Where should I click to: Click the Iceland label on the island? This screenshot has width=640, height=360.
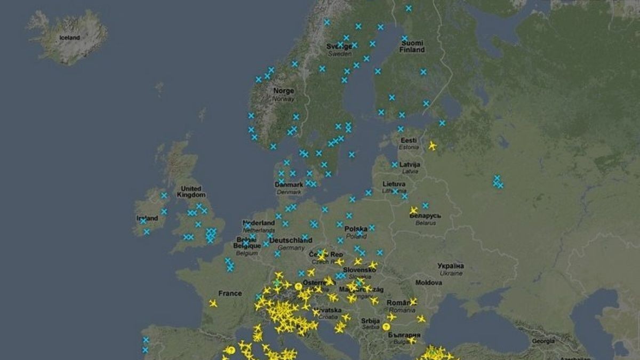tap(69, 38)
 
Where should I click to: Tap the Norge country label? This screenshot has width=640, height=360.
tap(284, 91)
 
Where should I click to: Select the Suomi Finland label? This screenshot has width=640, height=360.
tap(413, 46)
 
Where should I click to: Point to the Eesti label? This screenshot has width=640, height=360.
tap(409, 140)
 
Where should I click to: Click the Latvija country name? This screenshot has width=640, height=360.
tap(410, 164)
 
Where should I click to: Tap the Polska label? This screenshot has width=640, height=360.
tap(356, 229)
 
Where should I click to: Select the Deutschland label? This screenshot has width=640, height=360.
tap(291, 241)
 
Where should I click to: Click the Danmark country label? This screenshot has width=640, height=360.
tap(289, 185)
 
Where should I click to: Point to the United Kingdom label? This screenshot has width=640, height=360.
tap(191, 191)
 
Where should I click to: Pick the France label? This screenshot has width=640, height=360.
tap(230, 293)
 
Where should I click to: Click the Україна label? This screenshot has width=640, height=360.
tap(451, 266)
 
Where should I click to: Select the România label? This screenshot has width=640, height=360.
tap(402, 302)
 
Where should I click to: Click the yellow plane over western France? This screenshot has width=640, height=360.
tap(213, 303)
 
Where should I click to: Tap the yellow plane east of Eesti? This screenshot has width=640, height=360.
tap(433, 146)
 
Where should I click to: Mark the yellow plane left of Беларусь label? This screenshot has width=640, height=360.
tap(413, 211)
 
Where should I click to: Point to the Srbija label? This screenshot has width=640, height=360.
tap(370, 321)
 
